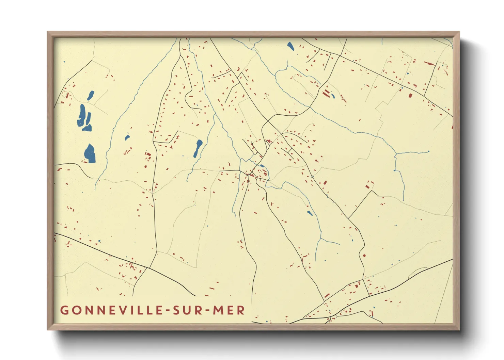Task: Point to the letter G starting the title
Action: [64, 310]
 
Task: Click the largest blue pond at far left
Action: [90, 154]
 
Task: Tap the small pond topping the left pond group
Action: [91, 96]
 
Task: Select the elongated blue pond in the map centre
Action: [198, 148]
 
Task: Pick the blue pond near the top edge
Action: [290, 46]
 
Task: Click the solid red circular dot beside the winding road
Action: [364, 255]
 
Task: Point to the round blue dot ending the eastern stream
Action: [428, 151]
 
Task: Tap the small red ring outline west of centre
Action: [125, 153]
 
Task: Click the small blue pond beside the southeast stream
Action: [310, 213]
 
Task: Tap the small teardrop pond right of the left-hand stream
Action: [127, 138]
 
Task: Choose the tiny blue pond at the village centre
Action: [262, 166]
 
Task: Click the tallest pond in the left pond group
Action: [82, 115]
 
